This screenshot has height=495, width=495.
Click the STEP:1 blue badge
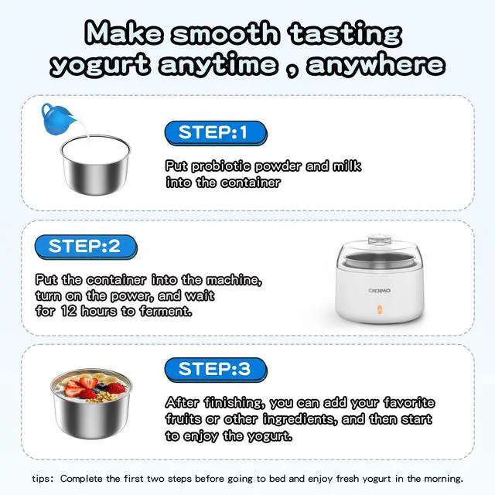[216, 133]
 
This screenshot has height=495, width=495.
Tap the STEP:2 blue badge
[86, 247]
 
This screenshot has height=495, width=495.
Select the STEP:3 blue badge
[216, 370]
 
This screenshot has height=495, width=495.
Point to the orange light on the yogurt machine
[380, 309]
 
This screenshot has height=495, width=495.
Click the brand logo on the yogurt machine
[380, 291]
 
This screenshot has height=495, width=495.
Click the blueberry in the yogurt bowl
[101, 386]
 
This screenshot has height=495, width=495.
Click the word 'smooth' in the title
[225, 33]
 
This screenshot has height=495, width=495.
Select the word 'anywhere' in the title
[376, 65]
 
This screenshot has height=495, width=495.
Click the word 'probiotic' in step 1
[221, 166]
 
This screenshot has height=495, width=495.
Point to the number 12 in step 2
[69, 311]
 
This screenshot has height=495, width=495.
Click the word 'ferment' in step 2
[165, 311]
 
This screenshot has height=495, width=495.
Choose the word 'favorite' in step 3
[409, 402]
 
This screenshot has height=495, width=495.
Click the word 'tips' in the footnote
[41, 479]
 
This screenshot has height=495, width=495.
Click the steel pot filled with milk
[95, 164]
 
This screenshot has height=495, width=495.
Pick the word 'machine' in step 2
[233, 280]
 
